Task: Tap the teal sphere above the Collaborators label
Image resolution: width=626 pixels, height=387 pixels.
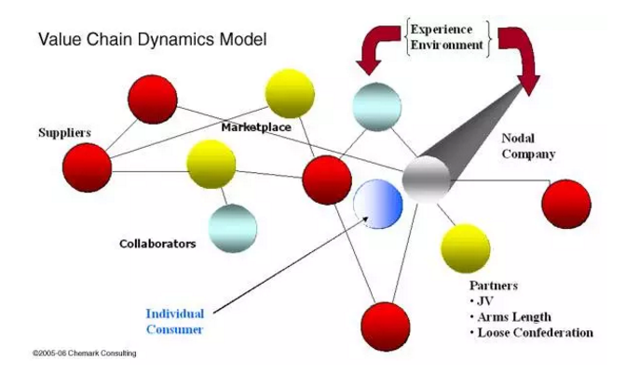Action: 231,226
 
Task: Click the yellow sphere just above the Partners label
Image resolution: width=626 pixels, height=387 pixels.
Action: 465,246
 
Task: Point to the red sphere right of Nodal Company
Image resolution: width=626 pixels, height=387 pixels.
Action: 565,204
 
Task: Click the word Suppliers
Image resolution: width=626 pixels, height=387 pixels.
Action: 63,133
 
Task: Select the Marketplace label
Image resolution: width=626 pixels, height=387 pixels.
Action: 257,126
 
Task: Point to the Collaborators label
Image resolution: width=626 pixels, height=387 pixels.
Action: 157,244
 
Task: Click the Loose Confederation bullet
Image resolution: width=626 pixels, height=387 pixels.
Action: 533,332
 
